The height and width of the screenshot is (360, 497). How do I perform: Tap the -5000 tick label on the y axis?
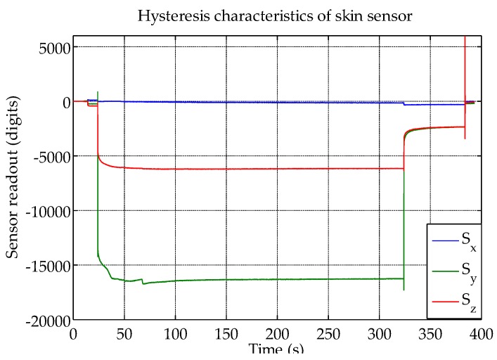coord(49,156)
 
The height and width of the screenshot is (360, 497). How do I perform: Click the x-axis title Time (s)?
coord(276,349)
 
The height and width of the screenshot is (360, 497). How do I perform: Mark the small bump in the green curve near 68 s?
coord(143,281)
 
